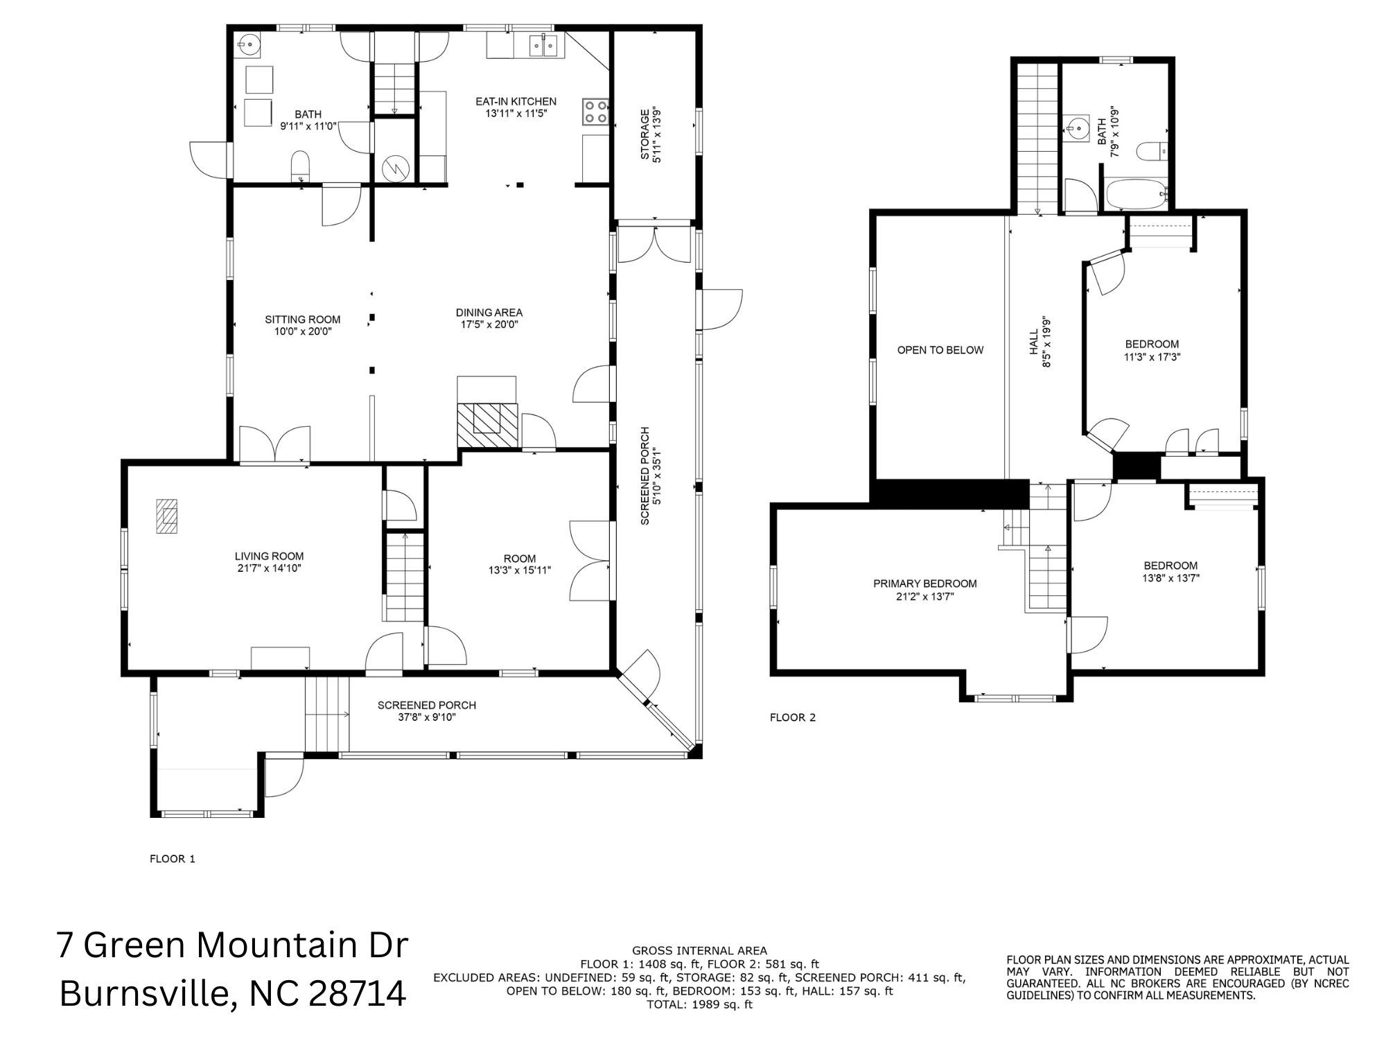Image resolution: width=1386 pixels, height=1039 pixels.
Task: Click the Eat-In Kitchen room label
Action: (x=516, y=102)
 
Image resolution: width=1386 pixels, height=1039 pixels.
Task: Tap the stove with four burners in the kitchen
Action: (x=596, y=112)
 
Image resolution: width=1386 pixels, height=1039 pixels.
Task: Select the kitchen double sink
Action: (x=544, y=46)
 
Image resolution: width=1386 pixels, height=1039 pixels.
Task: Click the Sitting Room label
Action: (x=303, y=320)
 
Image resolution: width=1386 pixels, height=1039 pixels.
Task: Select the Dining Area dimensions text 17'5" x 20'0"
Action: (x=489, y=324)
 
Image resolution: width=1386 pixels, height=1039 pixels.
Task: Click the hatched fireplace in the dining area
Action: (x=487, y=424)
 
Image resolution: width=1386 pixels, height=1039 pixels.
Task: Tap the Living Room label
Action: (x=269, y=556)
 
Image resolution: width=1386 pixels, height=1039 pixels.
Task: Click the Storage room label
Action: (x=644, y=134)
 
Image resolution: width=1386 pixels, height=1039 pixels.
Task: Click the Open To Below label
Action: (x=940, y=350)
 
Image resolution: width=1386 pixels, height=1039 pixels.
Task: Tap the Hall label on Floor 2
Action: (x=1033, y=342)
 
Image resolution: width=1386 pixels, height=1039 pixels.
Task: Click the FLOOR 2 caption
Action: (x=793, y=717)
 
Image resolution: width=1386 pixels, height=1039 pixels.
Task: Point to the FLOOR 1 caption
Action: (x=173, y=859)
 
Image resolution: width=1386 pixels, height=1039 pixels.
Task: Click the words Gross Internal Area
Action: (x=699, y=951)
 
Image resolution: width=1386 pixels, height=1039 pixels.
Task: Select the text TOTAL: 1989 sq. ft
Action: (x=699, y=1004)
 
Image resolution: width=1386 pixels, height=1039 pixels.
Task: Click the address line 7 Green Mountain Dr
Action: (x=233, y=945)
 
